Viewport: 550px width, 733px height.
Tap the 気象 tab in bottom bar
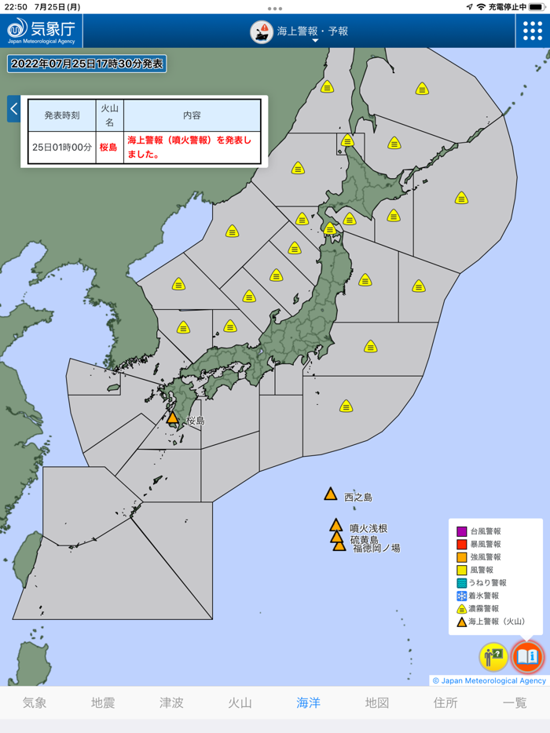(x=35, y=702)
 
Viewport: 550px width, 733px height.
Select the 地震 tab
(x=103, y=702)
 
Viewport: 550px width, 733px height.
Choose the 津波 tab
(x=171, y=702)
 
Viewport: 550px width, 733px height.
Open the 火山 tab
(x=240, y=702)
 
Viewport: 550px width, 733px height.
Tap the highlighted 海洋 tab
(x=308, y=702)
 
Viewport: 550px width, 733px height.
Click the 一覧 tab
(x=515, y=702)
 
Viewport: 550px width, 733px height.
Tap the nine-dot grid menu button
(x=533, y=31)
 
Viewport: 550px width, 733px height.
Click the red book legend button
(x=526, y=656)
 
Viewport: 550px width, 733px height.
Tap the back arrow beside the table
(x=13, y=109)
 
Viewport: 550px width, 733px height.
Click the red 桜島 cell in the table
(x=109, y=147)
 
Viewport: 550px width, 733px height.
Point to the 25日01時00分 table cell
(x=62, y=147)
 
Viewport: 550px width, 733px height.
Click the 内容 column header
(x=192, y=115)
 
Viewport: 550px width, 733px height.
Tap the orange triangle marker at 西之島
(x=331, y=494)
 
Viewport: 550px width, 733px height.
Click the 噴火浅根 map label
(x=368, y=529)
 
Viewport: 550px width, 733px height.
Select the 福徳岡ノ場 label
(x=376, y=548)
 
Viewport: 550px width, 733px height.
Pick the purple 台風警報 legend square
(x=462, y=531)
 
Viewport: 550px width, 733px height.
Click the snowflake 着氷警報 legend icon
(x=462, y=596)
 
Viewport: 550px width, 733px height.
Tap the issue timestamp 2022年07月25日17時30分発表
(x=86, y=64)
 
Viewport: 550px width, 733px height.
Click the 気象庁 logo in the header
(x=41, y=31)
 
